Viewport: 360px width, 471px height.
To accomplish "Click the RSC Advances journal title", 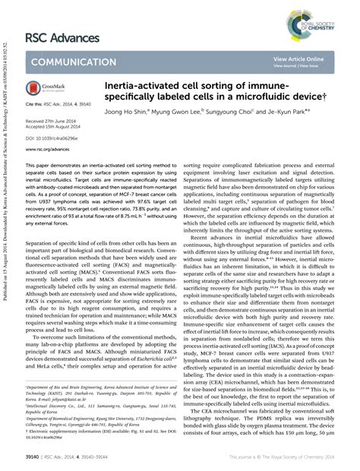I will tap(62, 38).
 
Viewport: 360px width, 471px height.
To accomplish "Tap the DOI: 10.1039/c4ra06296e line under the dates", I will tap(52, 138).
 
